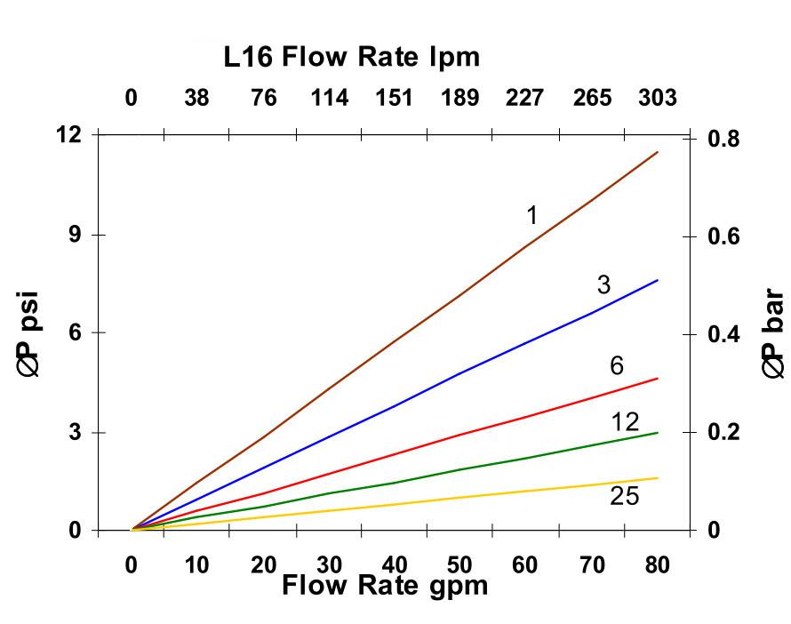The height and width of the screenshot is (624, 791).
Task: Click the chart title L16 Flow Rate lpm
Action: [352, 58]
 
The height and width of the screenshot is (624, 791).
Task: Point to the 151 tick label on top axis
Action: [394, 98]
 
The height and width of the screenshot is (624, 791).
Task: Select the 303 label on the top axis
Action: [658, 98]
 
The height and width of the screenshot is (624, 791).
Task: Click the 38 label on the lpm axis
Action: [196, 98]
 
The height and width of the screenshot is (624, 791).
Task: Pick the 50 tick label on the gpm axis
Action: [459, 565]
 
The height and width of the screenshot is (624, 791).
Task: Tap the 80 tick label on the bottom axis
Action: [657, 565]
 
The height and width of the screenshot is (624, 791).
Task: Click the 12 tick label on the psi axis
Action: [68, 135]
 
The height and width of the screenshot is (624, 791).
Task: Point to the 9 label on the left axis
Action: [75, 235]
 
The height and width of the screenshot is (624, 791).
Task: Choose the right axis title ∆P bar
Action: [772, 334]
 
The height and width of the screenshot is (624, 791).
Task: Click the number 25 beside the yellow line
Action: [624, 496]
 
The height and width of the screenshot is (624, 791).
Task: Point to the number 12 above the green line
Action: [626, 421]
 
